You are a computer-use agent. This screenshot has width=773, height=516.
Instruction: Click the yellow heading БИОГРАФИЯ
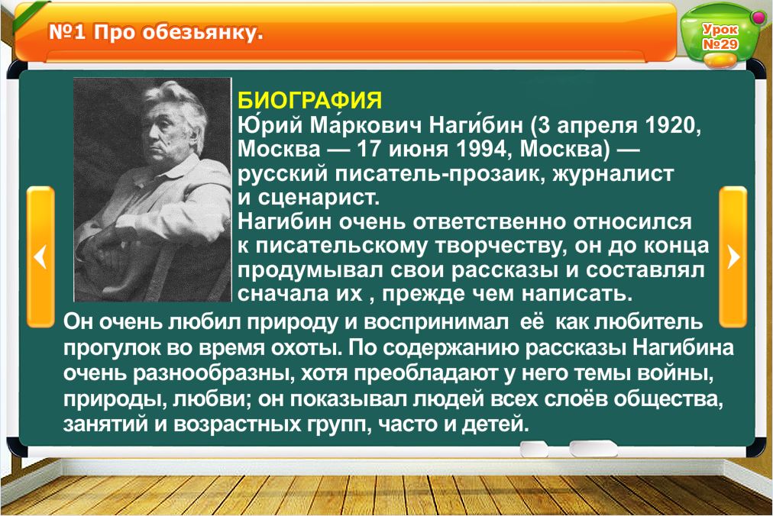click(x=309, y=101)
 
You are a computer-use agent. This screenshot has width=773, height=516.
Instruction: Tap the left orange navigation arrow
click(x=40, y=256)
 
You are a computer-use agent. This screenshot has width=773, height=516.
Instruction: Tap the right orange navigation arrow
click(x=733, y=256)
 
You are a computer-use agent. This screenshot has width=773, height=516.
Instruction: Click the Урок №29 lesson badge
click(x=720, y=37)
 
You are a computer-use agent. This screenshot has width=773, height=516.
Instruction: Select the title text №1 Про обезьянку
click(x=156, y=33)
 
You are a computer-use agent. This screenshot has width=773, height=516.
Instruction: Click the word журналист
click(x=613, y=173)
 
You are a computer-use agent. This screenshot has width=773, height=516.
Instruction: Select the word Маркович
click(x=365, y=126)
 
